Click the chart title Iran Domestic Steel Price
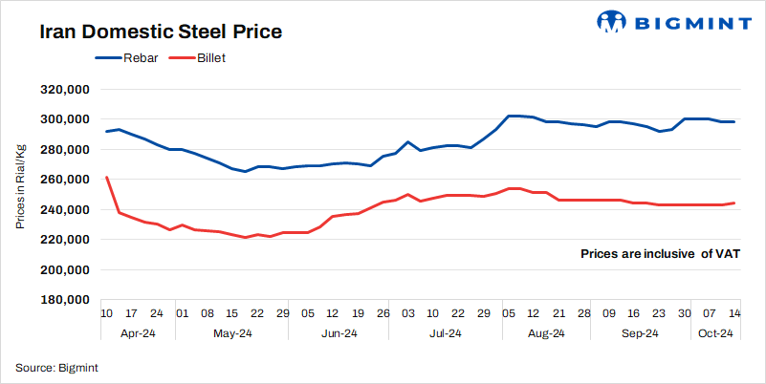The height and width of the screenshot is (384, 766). pos(160,32)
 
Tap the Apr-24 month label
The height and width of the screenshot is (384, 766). pos(132,333)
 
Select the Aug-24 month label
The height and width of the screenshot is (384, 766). pos(545,333)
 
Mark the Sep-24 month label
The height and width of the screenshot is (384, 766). pos(639,333)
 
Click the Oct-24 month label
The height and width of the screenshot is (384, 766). pos(714,333)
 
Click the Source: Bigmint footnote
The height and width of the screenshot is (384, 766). pos(56,367)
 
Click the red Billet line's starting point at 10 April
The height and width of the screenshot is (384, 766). pos(106,177)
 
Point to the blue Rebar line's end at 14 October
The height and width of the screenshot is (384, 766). pos(733,122)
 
